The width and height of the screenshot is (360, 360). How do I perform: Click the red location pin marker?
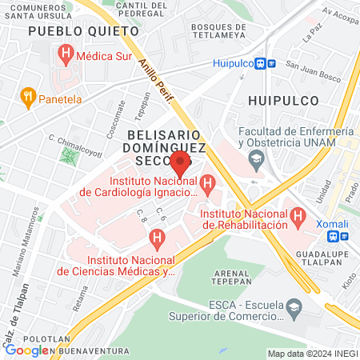pos(181,163)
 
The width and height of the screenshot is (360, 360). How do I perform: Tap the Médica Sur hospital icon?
pos(66,54)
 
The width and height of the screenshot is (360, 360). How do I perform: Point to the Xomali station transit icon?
pos(344,236)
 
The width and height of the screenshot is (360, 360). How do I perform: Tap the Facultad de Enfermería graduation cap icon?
pos(256,160)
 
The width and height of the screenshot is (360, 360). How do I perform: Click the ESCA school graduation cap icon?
pos(294,306)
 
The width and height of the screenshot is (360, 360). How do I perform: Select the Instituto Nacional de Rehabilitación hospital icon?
pos(298,215)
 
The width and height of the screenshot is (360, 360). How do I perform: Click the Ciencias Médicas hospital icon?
pos(158,238)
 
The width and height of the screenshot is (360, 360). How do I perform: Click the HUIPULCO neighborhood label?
pos(283,100)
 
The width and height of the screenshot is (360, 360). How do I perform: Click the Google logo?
pos(27,350)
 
